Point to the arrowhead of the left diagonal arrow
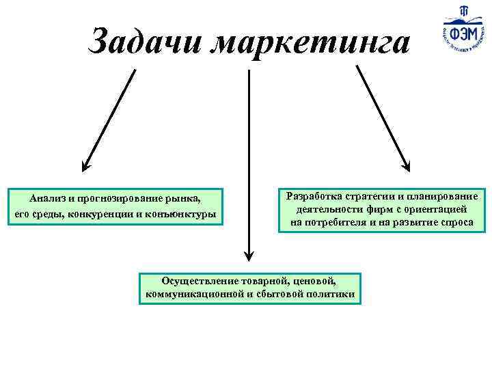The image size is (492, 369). pos(85,165)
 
